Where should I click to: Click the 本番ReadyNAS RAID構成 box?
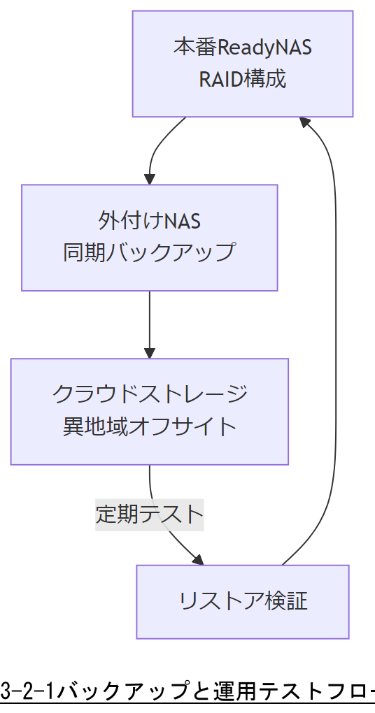242,64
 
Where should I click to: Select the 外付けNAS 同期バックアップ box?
149,238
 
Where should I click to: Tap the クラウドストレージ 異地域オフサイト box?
149,412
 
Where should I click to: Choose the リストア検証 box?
242,602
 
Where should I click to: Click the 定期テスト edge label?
149,515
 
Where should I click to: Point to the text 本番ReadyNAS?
242,48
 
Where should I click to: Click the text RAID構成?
242,79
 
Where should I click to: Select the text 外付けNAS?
149,222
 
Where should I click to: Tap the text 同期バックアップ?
149,252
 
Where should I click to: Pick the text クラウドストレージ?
149,395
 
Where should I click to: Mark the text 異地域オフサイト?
149,426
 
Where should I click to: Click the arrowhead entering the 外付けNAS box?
149,179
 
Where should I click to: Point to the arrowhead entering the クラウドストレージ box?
149,353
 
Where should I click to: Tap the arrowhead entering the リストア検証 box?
198,560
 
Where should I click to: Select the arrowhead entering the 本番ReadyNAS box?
305,122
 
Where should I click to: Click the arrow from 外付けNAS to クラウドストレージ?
149,322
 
